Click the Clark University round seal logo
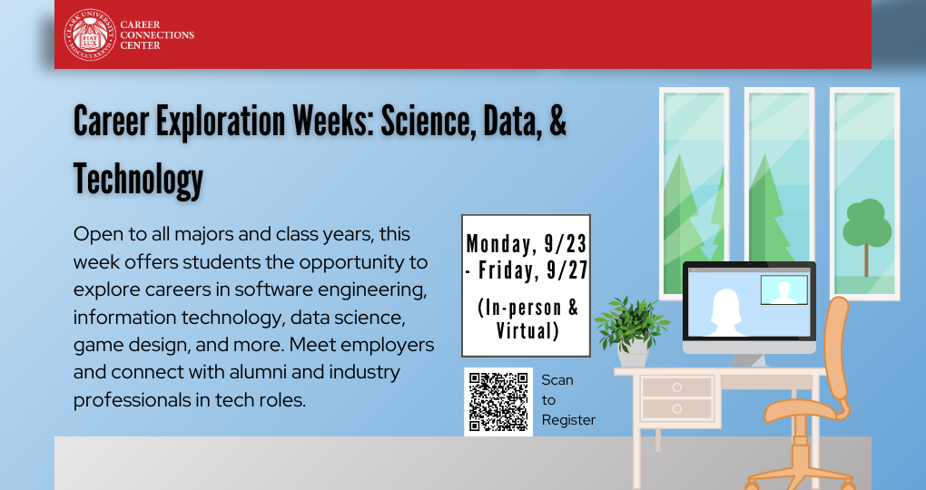[x=90, y=34]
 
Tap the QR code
[x=498, y=401]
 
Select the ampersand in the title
[x=557, y=121]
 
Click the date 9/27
[x=566, y=270]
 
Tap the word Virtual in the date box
[x=527, y=330]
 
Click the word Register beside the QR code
[x=568, y=420]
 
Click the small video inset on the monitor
[x=783, y=289]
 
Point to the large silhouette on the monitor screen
[x=724, y=313]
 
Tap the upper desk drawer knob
[x=676, y=387]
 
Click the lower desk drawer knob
[x=676, y=408]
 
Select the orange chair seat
[x=804, y=410]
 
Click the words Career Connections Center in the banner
[x=157, y=34]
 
